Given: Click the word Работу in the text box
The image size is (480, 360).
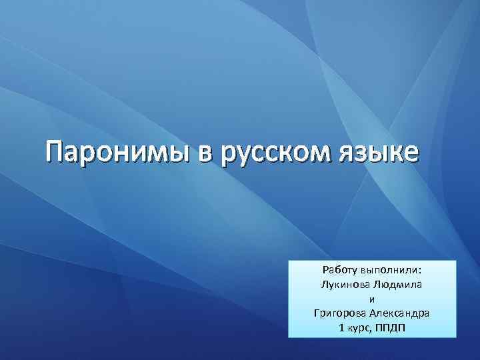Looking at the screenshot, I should tap(340, 270).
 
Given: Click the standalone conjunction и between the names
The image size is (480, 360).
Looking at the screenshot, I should tap(371, 299).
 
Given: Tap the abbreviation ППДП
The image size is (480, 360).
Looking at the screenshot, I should tap(393, 328).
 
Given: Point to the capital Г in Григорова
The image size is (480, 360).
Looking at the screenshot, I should tap(316, 313).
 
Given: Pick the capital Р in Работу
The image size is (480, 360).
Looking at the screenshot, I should tap(325, 270).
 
